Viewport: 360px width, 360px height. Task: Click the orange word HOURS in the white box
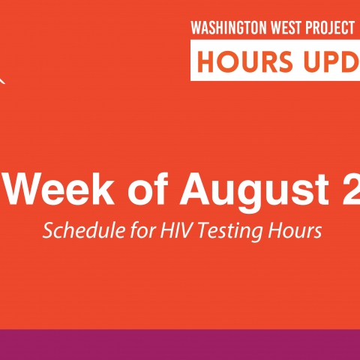click(244, 61)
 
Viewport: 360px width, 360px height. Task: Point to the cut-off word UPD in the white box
click(332, 61)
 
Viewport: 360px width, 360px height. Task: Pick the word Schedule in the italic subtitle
click(83, 230)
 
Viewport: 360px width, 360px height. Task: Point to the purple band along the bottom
click(180, 345)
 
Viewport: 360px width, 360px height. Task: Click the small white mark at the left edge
click(2, 80)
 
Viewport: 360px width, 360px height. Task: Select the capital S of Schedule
click(48, 230)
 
